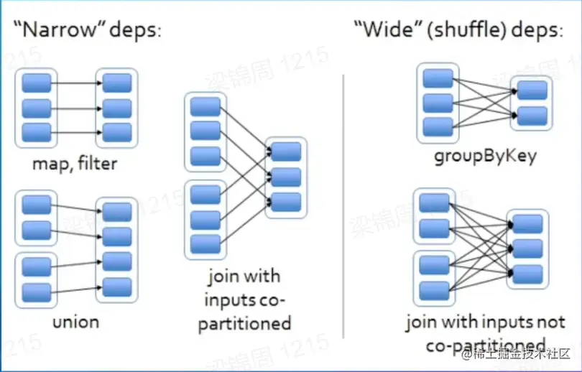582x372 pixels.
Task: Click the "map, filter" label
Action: [75, 164]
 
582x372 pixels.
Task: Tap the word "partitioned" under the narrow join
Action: [247, 323]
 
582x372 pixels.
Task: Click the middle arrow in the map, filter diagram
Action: [76, 108]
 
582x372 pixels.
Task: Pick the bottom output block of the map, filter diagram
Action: [117, 132]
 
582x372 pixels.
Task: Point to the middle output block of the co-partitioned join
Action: [285, 177]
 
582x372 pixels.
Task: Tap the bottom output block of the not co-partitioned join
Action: [527, 274]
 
